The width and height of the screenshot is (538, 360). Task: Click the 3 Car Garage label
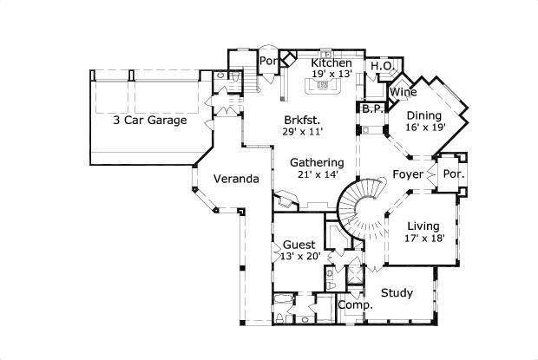click(x=149, y=121)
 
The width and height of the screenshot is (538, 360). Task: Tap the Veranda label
click(x=236, y=180)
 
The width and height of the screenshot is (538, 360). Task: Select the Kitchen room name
click(x=331, y=63)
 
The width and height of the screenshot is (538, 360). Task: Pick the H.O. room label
click(x=383, y=66)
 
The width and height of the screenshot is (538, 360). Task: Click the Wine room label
click(x=402, y=92)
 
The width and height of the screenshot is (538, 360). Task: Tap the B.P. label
click(x=373, y=109)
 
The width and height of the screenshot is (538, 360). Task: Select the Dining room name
click(x=424, y=115)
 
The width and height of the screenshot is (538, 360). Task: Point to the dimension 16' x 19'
click(x=425, y=127)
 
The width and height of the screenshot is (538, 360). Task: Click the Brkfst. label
click(x=303, y=120)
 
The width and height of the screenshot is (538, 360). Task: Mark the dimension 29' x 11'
click(x=303, y=131)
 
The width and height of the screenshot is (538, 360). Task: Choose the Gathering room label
click(x=317, y=162)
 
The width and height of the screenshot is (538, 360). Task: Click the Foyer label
click(x=408, y=174)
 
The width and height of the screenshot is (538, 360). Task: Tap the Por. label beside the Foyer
click(x=454, y=174)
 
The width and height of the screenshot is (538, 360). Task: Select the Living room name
click(x=424, y=226)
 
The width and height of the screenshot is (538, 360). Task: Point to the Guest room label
click(x=299, y=245)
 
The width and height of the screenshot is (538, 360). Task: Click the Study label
click(x=397, y=292)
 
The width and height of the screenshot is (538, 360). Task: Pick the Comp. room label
click(x=355, y=305)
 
